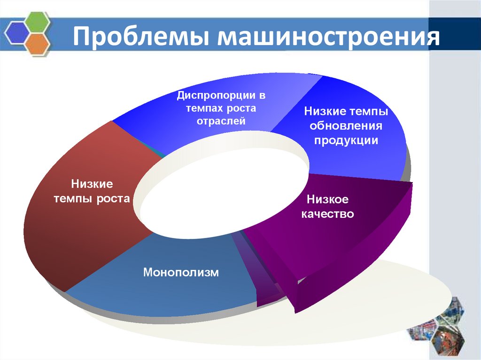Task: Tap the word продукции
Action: pyautogui.click(x=346, y=140)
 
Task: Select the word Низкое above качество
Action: pyautogui.click(x=328, y=199)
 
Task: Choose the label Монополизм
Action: pyautogui.click(x=181, y=272)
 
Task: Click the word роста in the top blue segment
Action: pyautogui.click(x=240, y=109)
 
